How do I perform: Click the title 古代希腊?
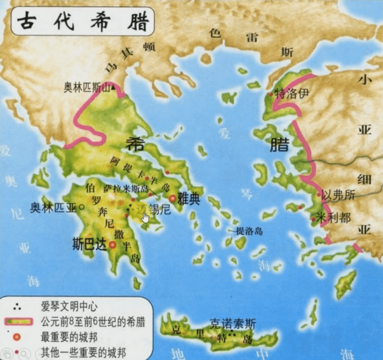(x=82, y=21)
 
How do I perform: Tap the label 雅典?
(x=188, y=199)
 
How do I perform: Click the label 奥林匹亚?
(x=52, y=208)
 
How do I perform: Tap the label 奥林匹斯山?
(x=87, y=88)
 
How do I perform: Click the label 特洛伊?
(x=294, y=94)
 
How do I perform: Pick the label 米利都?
(x=334, y=217)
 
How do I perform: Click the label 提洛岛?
(x=249, y=231)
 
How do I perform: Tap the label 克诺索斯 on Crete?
(x=233, y=324)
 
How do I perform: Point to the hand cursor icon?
(x=146, y=217)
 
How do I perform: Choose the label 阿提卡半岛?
(x=138, y=170)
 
